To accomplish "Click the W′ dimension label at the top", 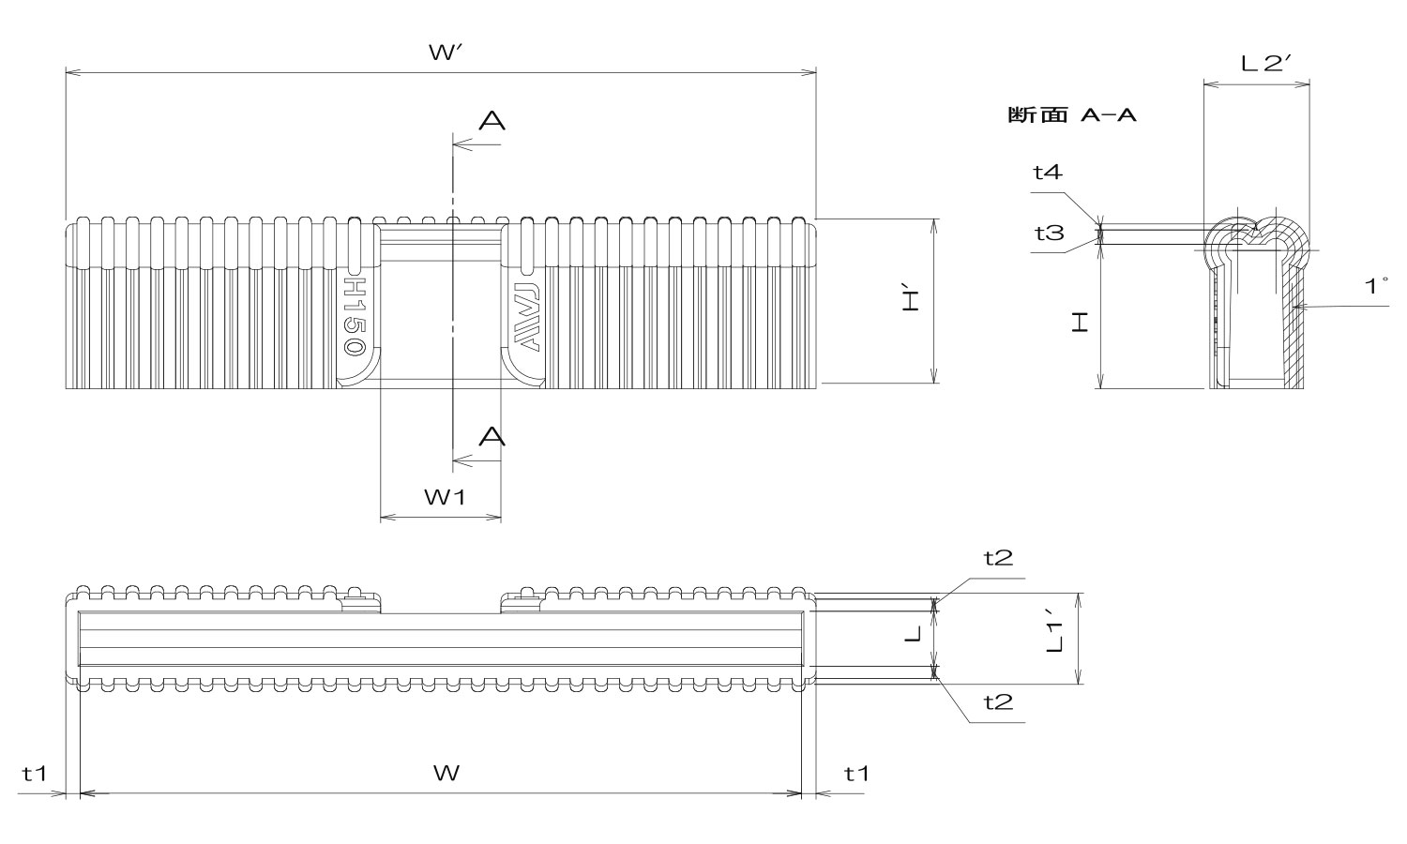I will (442, 53).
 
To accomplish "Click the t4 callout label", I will (1048, 172).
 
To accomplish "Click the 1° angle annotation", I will (1376, 286).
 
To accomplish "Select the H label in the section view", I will (1082, 324).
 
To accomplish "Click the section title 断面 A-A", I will (1071, 115).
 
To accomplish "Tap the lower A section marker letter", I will (492, 436).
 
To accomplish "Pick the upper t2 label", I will (998, 558).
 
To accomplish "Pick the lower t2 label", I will (998, 701).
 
